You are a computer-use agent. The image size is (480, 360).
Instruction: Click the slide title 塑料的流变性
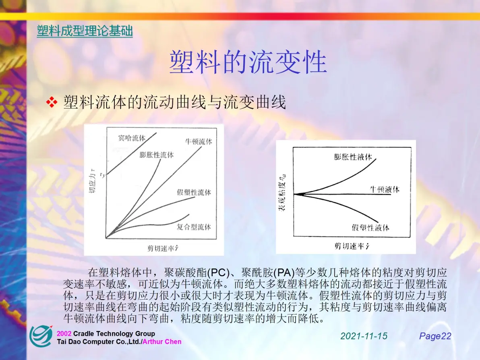(x=248, y=62)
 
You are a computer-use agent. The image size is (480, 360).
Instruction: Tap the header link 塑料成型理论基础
(x=85, y=31)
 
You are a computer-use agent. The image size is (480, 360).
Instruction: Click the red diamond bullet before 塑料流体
(x=52, y=102)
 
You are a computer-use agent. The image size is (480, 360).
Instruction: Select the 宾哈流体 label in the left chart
(x=132, y=138)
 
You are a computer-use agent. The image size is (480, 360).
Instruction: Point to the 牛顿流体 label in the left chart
(x=199, y=141)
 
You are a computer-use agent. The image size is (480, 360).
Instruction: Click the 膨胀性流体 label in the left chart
(x=156, y=155)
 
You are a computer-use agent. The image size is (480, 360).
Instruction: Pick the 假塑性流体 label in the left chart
(x=194, y=192)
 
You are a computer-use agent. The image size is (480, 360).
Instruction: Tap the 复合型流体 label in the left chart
(x=194, y=227)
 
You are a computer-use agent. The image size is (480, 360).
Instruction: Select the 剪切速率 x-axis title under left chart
(x=163, y=248)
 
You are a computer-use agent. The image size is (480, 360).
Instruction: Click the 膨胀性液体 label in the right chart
(x=353, y=157)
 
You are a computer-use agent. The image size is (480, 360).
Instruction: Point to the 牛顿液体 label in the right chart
(x=385, y=189)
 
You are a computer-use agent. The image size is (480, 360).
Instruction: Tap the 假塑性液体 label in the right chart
(x=370, y=228)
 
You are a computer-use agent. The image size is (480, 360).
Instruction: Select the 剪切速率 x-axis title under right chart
(x=352, y=246)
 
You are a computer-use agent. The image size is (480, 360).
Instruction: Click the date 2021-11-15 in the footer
(x=364, y=336)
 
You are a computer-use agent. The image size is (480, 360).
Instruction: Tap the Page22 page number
(x=435, y=336)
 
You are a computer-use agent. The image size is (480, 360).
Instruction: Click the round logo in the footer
(x=41, y=336)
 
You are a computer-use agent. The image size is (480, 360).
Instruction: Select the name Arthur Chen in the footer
(x=162, y=341)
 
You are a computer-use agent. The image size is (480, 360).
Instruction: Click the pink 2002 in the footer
(x=64, y=334)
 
